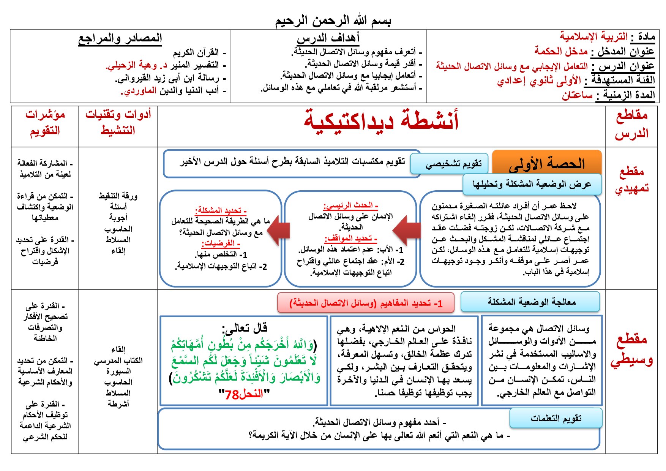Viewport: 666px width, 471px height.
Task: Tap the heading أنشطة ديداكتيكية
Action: [x=381, y=120]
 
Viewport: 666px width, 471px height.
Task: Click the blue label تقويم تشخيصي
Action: [x=453, y=164]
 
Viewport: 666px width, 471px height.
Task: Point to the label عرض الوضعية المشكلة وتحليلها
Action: [x=532, y=184]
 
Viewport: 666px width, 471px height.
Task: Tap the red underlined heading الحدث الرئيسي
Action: [x=350, y=205]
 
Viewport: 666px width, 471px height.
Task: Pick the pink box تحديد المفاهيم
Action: [x=366, y=303]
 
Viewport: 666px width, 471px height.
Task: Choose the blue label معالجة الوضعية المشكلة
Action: [x=530, y=302]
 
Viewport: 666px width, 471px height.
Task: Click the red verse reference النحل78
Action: [x=244, y=394]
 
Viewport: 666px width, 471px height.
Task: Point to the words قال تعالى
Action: [x=245, y=327]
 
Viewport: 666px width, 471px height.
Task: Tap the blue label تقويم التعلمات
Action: [x=556, y=418]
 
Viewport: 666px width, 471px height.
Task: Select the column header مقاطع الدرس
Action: [x=631, y=124]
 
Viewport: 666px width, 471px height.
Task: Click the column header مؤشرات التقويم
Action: [x=45, y=122]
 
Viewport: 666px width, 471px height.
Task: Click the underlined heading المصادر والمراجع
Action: [x=120, y=38]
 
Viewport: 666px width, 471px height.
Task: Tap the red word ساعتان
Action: [x=577, y=95]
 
